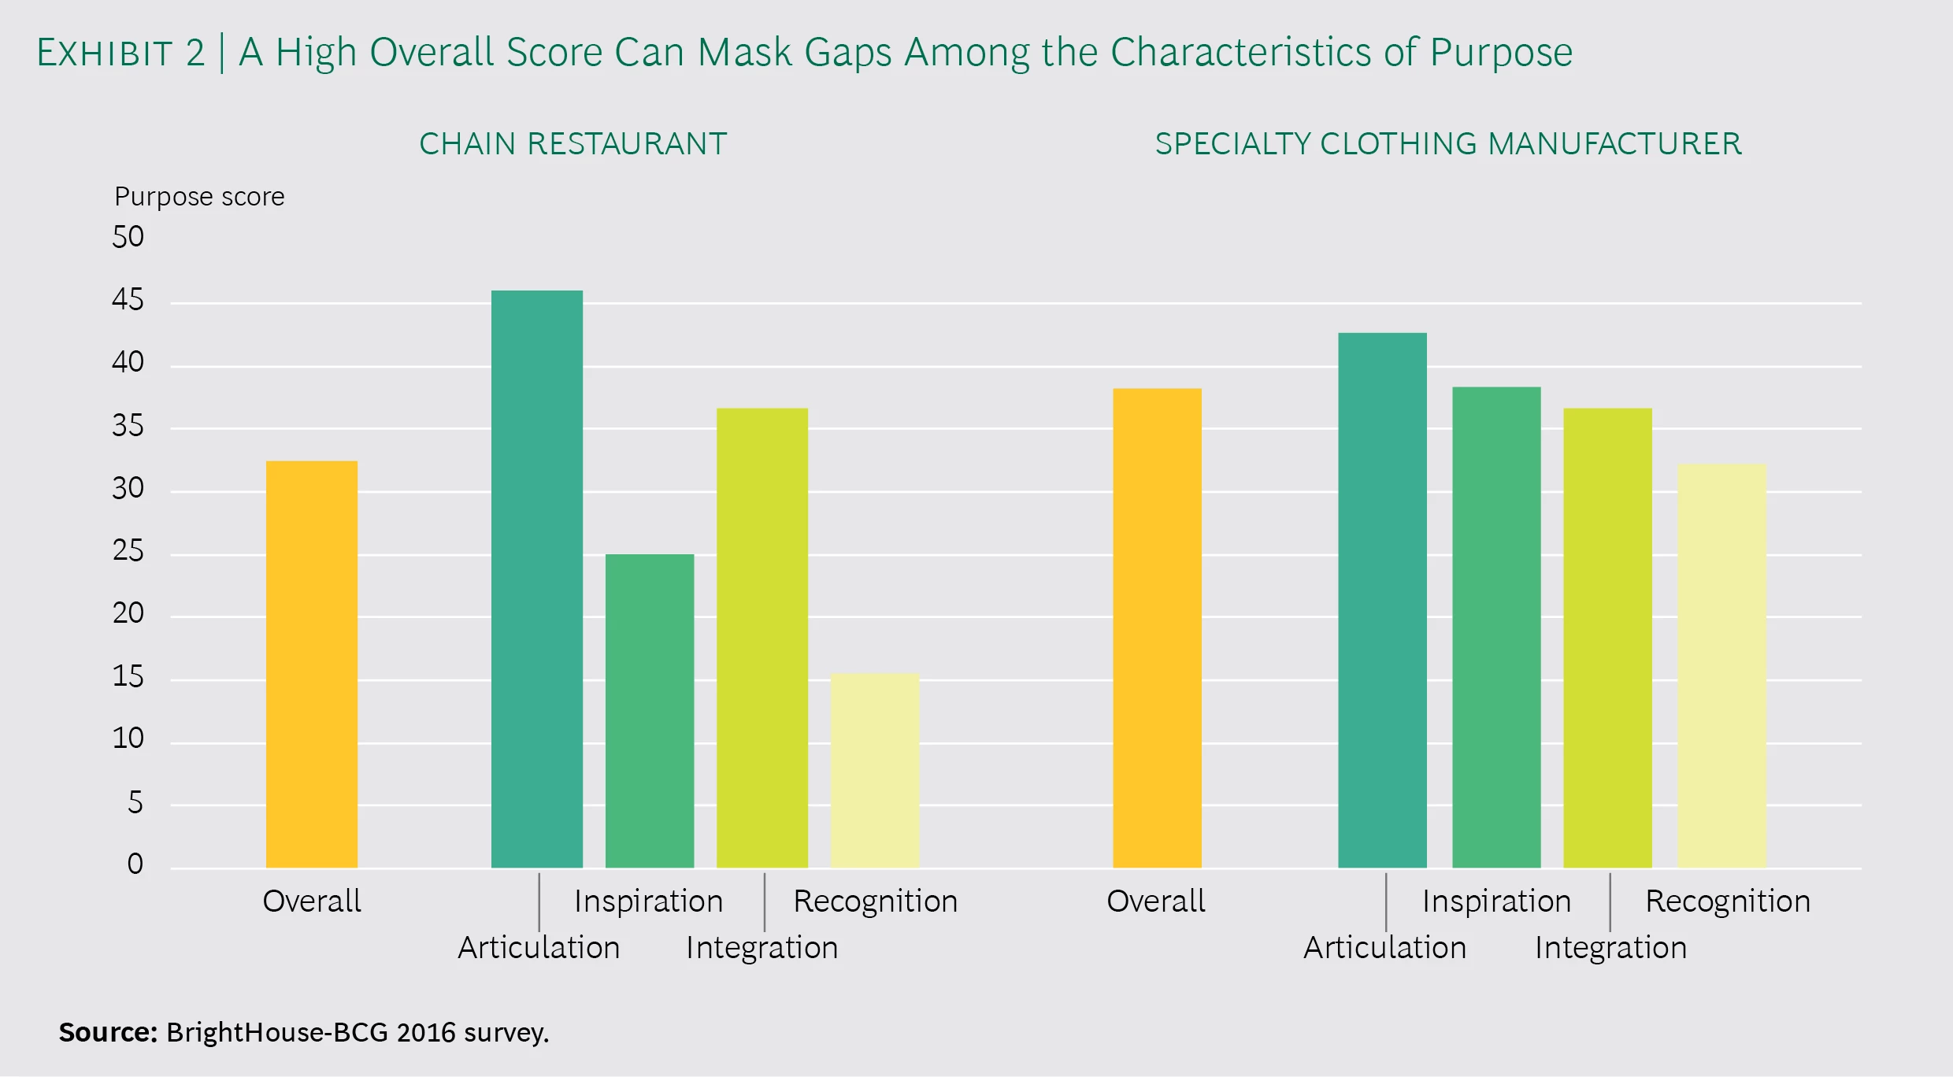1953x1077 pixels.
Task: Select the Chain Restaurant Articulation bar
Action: [x=537, y=579]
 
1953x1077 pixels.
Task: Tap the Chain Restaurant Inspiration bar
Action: [x=650, y=710]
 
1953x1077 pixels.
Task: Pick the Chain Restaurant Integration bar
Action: [x=762, y=637]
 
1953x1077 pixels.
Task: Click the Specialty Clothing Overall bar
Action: [x=1157, y=627]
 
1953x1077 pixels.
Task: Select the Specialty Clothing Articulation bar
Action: [x=1382, y=600]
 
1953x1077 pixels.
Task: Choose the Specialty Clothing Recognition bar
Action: [x=1722, y=665]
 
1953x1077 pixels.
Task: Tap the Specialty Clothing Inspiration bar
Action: [x=1496, y=627]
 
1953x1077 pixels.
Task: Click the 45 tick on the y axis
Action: [x=128, y=300]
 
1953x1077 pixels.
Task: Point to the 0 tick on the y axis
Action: [x=135, y=864]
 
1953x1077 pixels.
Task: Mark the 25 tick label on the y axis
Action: [x=128, y=551]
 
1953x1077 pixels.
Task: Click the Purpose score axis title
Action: [x=199, y=197]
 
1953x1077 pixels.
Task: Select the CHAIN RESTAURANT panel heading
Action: [x=573, y=144]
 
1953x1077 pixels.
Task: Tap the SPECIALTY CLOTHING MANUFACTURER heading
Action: [x=1448, y=144]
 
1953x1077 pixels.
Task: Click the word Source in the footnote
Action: [x=109, y=1032]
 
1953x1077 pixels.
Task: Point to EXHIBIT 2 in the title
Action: [x=120, y=54]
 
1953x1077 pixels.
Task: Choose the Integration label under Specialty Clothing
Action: [x=1610, y=948]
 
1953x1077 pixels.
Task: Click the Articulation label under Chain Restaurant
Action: [x=539, y=948]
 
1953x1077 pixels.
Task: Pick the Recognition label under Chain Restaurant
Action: [x=875, y=901]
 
